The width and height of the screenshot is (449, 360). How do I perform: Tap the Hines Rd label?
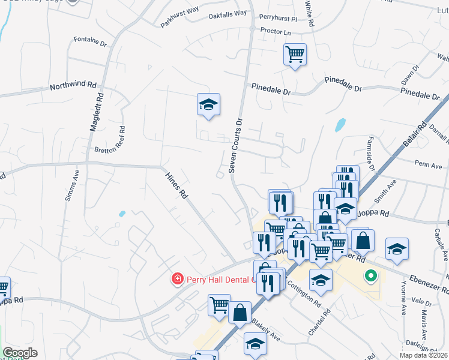click(177, 186)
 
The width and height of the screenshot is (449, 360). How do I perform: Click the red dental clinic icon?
click(177, 279)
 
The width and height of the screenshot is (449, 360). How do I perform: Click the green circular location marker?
click(370, 277)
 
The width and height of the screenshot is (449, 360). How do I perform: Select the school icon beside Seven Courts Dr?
click(209, 104)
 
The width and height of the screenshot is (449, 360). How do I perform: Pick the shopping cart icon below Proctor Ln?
click(295, 55)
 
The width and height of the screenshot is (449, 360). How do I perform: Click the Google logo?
click(20, 353)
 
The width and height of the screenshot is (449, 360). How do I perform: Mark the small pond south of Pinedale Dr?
click(340, 125)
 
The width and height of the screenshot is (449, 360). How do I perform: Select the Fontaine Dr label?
click(89, 43)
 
